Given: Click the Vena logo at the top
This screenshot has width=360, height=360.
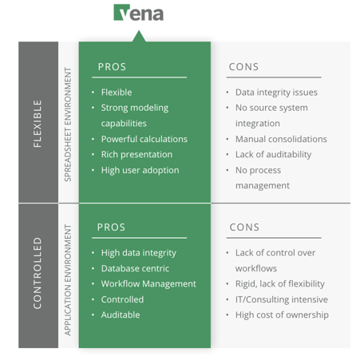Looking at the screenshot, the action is click(x=138, y=13).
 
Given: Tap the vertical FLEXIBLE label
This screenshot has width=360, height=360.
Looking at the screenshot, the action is click(x=38, y=124).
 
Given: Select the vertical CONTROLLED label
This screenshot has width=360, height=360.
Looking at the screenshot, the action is click(x=38, y=273).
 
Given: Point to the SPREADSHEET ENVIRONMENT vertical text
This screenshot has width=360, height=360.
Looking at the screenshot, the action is click(x=68, y=125).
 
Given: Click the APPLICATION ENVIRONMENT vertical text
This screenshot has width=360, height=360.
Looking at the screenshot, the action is click(x=68, y=280).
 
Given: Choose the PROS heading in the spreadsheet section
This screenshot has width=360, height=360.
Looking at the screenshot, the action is click(x=112, y=67).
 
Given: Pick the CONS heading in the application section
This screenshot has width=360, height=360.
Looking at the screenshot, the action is click(x=244, y=227).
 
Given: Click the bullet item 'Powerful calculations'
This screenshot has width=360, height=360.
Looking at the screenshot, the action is click(x=144, y=139).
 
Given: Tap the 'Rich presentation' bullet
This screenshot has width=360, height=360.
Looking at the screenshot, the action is click(x=136, y=154).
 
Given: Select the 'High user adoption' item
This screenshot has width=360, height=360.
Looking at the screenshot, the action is click(x=140, y=170).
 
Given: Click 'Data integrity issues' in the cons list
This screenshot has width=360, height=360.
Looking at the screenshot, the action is click(x=276, y=93).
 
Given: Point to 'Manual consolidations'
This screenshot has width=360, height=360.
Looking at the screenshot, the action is click(x=281, y=139).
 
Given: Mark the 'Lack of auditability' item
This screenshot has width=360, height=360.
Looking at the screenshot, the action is click(x=273, y=155).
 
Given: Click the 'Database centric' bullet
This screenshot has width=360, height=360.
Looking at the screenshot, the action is click(x=135, y=268).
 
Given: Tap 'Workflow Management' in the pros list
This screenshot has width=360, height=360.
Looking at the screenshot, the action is click(x=148, y=284).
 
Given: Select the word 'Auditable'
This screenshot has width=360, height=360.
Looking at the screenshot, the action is click(x=121, y=315).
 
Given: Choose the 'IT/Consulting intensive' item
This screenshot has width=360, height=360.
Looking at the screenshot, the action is click(x=282, y=299).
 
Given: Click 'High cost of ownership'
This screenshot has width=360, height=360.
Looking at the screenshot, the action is click(x=282, y=315).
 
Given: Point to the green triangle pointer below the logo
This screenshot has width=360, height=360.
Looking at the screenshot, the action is click(x=139, y=37).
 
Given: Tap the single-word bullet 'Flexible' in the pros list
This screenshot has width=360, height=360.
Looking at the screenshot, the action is click(x=117, y=93).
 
